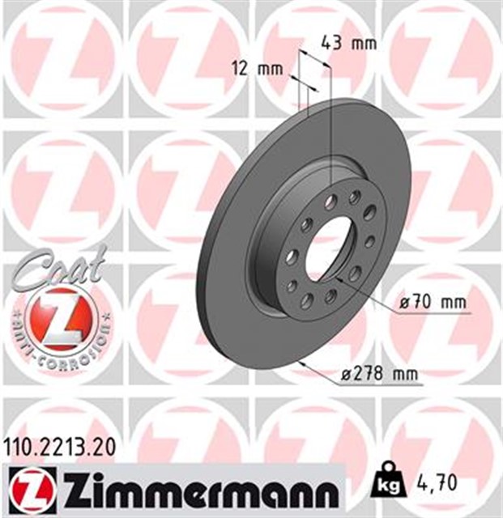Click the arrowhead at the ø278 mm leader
click(x=301, y=364)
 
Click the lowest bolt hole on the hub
click(x=308, y=301)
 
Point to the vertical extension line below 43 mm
click(x=331, y=121)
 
